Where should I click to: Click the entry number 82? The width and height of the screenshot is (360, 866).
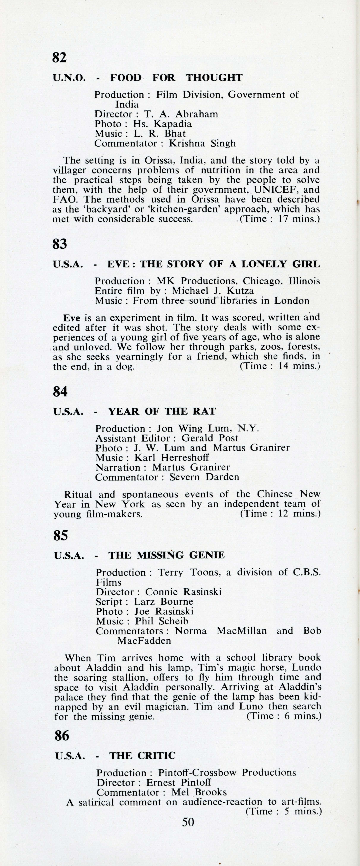pyautogui.click(x=60, y=58)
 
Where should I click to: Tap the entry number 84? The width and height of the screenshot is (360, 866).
pyautogui.click(x=60, y=392)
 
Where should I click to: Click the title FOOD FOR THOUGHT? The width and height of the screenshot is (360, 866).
pyautogui.click(x=176, y=78)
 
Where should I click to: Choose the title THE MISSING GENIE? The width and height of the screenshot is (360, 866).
pyautogui.click(x=166, y=555)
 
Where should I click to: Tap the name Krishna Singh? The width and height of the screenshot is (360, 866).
pyautogui.click(x=202, y=144)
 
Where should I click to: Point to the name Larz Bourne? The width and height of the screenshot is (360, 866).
pyautogui.click(x=163, y=601)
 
